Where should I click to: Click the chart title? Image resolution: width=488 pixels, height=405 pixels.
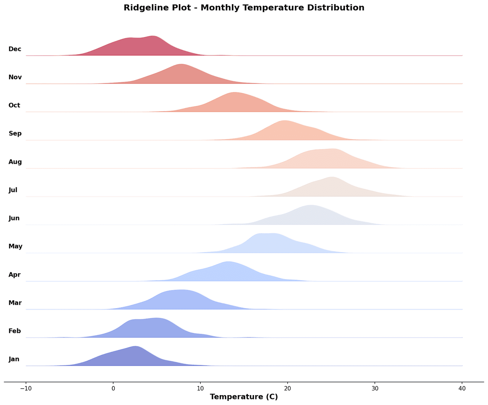pyautogui.click(x=244, y=8)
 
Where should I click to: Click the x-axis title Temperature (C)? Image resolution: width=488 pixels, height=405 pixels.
pyautogui.click(x=244, y=397)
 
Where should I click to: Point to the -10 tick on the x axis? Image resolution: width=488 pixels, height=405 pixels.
pyautogui.click(x=26, y=387)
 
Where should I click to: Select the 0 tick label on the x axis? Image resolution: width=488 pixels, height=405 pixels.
pyautogui.click(x=113, y=387)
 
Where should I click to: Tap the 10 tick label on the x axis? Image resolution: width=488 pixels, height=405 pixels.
pyautogui.click(x=201, y=387)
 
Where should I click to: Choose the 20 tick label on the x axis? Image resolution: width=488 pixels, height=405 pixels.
pyautogui.click(x=288, y=387)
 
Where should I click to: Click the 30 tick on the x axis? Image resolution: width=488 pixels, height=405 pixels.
pyautogui.click(x=375, y=387)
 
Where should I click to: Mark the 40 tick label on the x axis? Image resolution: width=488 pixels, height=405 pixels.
pyautogui.click(x=462, y=387)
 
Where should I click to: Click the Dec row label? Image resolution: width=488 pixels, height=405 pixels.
pyautogui.click(x=15, y=49)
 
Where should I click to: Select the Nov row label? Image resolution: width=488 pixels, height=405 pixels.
pyautogui.click(x=15, y=77)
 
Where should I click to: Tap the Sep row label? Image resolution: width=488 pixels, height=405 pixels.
pyautogui.click(x=15, y=134)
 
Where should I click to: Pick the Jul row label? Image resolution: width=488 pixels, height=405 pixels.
pyautogui.click(x=13, y=190)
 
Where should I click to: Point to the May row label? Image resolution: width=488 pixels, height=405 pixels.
pyautogui.click(x=15, y=247)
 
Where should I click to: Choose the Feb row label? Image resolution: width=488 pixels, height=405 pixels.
pyautogui.click(x=14, y=331)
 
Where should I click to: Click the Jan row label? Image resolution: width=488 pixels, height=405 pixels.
pyautogui.click(x=14, y=359)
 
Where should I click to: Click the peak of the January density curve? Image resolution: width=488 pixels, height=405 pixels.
pyautogui.click(x=135, y=346)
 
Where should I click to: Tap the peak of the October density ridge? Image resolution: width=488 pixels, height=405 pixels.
pyautogui.click(x=234, y=93)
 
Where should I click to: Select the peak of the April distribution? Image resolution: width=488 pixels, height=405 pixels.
pyautogui.click(x=228, y=262)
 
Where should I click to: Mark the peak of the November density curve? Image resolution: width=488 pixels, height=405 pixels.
pyautogui.click(x=181, y=64)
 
